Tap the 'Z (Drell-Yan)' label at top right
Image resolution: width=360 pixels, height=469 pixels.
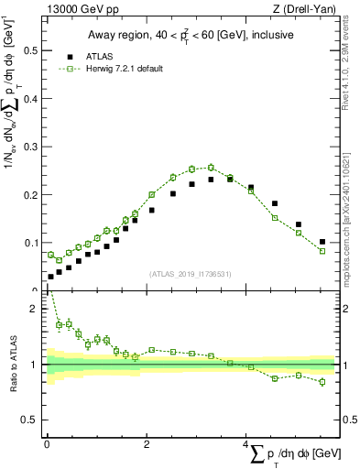(308, 10)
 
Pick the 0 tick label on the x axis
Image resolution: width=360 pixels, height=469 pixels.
(47, 443)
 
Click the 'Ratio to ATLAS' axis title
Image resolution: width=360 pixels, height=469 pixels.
(12, 365)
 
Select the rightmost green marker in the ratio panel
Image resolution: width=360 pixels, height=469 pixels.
(322, 381)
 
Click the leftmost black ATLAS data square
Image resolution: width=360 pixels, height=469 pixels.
(50, 277)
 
